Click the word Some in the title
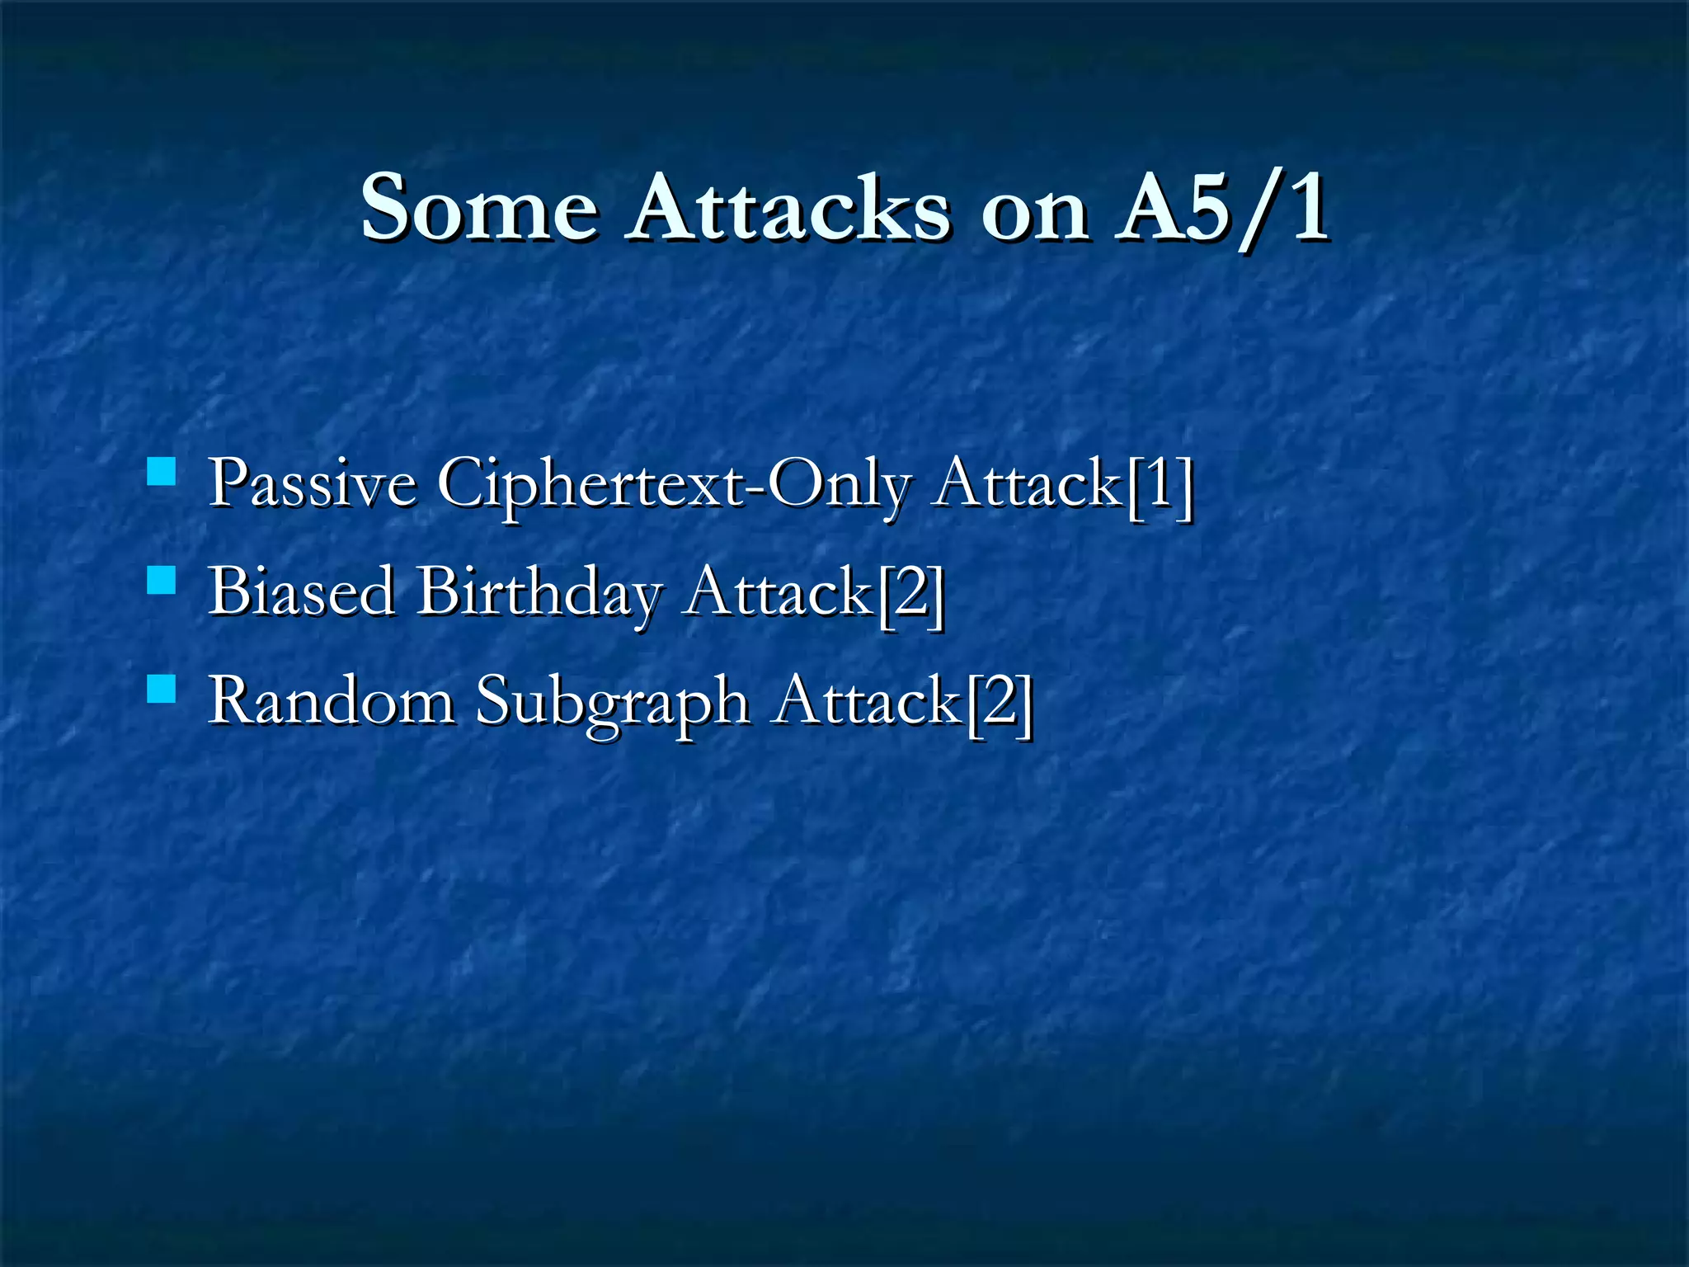pos(479,207)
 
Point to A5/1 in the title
pos(1221,207)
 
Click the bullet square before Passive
pos(162,472)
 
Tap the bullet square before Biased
pos(162,581)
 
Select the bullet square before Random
pos(162,689)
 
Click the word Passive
pos(312,483)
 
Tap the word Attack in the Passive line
pos(1028,483)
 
